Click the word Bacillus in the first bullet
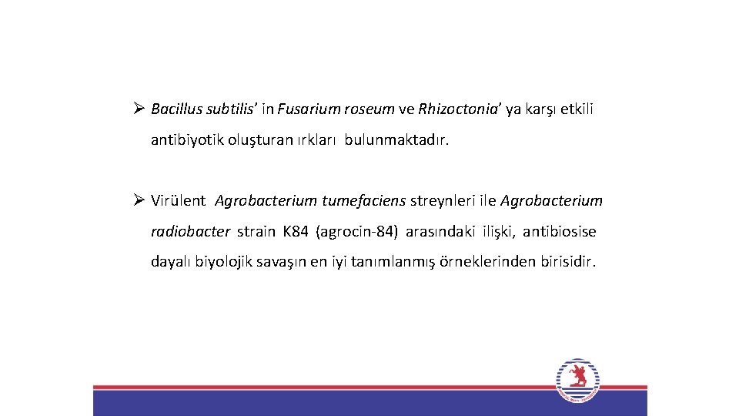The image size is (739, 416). click(x=175, y=109)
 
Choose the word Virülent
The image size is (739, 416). click(x=178, y=201)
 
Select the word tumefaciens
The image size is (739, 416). click(x=363, y=201)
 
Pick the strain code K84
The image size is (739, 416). click(x=295, y=232)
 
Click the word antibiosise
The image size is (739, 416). click(x=560, y=232)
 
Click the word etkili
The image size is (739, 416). click(x=577, y=109)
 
